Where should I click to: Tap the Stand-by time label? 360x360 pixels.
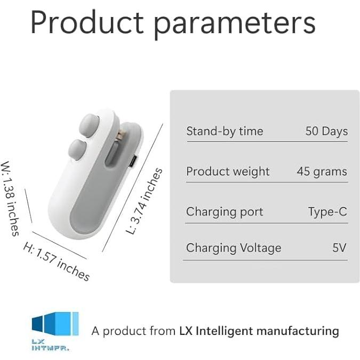coord(225,131)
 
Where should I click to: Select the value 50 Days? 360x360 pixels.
coord(326,131)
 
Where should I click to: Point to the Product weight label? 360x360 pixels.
coord(228,172)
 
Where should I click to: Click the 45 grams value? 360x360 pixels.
coord(322,172)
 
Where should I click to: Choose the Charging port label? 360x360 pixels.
coord(225,212)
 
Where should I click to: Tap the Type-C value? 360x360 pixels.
coord(327,212)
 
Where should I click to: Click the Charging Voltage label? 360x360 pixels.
coord(234,248)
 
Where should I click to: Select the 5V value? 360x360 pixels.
coord(339,248)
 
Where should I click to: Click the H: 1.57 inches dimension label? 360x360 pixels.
coord(57,261)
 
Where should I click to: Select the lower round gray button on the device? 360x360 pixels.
coord(78,149)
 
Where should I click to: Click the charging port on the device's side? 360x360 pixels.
coord(133,161)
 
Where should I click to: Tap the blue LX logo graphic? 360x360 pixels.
coord(55,324)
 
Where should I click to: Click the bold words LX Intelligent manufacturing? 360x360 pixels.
coord(259,331)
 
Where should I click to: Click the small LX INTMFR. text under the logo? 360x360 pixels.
coord(50,345)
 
